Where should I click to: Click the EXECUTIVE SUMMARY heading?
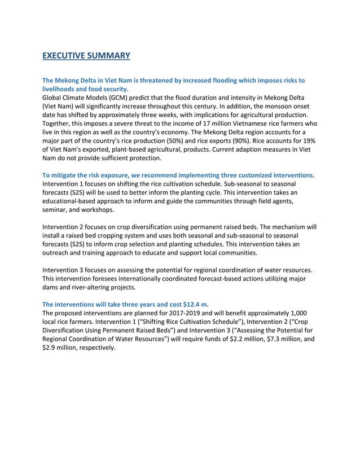point(86,55)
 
